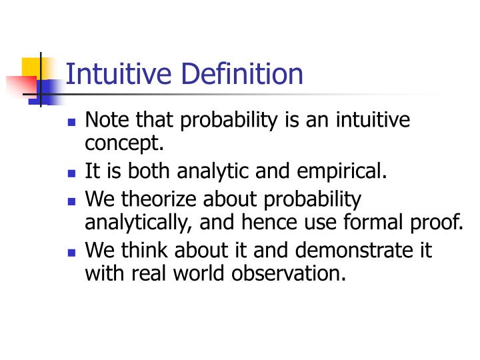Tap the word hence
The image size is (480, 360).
[270, 222]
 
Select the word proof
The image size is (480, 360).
[439, 222]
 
